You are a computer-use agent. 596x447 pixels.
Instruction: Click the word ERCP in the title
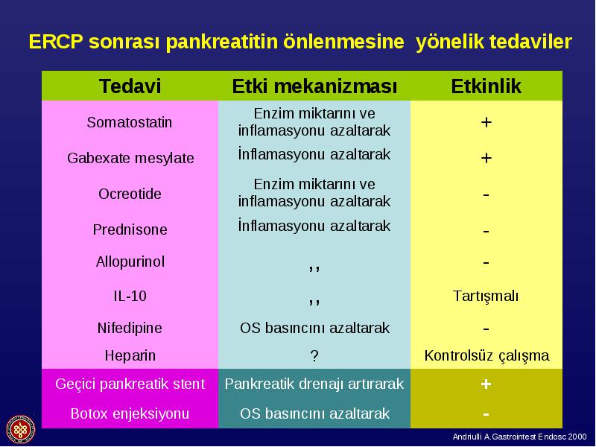pyautogui.click(x=55, y=42)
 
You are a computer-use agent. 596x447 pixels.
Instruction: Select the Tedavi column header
pyautogui.click(x=130, y=86)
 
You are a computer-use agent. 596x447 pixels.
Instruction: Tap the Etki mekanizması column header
pyautogui.click(x=314, y=86)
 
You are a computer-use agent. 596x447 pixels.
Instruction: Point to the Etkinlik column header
pyautogui.click(x=486, y=86)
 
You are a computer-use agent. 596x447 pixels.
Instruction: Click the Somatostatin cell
pyautogui.click(x=129, y=122)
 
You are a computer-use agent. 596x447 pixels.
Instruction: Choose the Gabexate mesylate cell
pyautogui.click(x=130, y=158)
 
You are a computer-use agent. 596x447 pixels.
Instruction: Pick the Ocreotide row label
pyautogui.click(x=130, y=194)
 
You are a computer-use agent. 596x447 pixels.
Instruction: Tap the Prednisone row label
pyautogui.click(x=130, y=229)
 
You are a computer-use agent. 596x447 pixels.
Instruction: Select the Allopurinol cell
pyautogui.click(x=130, y=261)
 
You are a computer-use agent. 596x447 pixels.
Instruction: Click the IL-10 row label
pyautogui.click(x=130, y=296)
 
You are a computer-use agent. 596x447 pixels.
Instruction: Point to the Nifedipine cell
pyautogui.click(x=130, y=328)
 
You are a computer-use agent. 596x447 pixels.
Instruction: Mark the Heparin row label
pyautogui.click(x=130, y=356)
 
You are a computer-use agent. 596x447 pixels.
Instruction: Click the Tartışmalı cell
pyautogui.click(x=486, y=296)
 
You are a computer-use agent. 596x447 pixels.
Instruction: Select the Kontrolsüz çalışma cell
pyautogui.click(x=486, y=356)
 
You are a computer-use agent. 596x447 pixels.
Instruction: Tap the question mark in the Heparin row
pyautogui.click(x=314, y=356)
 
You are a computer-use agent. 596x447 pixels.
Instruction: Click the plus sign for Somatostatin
pyautogui.click(x=486, y=122)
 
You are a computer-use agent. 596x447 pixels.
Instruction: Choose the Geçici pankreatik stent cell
pyautogui.click(x=130, y=384)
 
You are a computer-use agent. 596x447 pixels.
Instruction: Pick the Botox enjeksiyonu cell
pyautogui.click(x=130, y=413)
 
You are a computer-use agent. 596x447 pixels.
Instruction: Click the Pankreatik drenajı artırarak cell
pyautogui.click(x=314, y=384)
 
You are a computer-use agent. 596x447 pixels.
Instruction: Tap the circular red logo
pyautogui.click(x=21, y=430)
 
